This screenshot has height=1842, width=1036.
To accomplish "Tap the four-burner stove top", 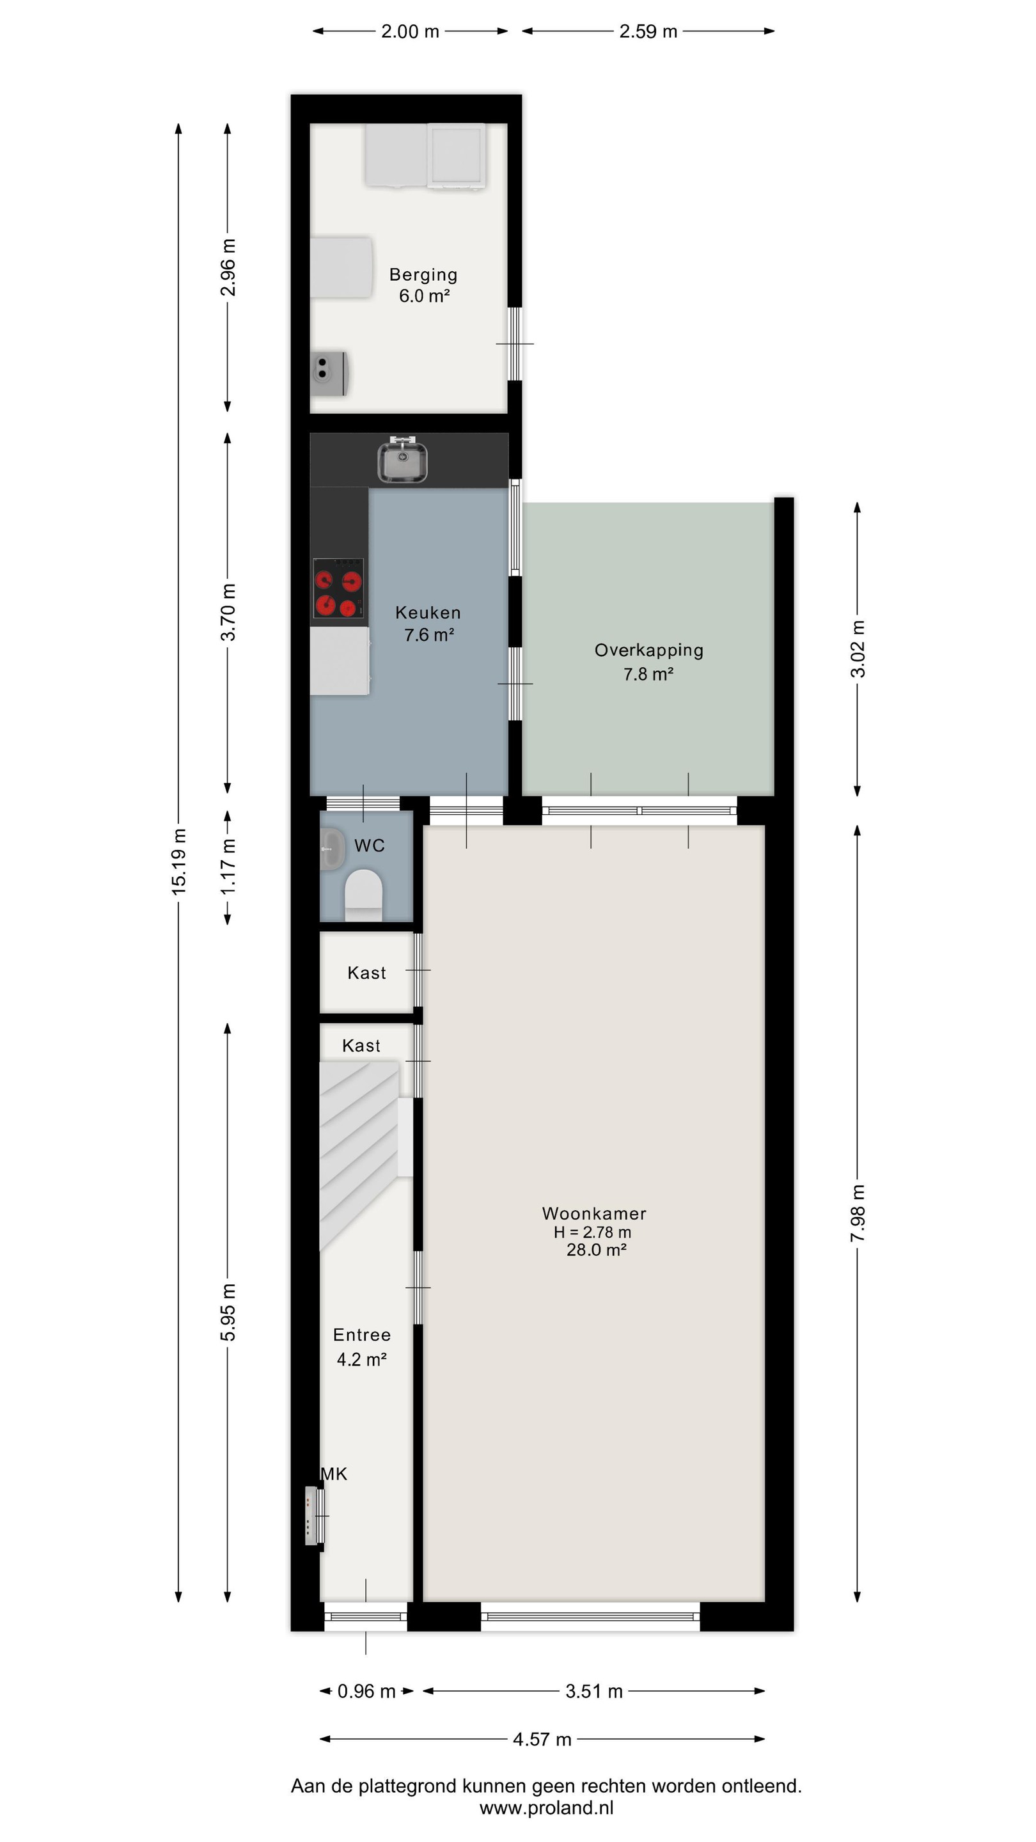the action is point(338,588).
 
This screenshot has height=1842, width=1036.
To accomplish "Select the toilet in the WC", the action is point(364,895).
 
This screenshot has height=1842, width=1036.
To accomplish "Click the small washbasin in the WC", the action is point(332,849).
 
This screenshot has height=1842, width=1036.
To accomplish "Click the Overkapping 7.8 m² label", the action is point(648,661).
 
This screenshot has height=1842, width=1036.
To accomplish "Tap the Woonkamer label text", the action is point(594,1213).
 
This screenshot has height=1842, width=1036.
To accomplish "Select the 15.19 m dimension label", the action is point(179,861).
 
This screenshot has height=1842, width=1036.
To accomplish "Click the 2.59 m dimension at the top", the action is point(648,31).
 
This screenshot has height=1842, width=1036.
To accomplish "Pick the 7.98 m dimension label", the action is point(857,1213).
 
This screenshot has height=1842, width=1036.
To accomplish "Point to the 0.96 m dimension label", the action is point(366,1691).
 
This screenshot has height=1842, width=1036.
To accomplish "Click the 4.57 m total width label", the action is point(542,1739).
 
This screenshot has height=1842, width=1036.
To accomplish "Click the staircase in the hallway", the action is point(358,1156).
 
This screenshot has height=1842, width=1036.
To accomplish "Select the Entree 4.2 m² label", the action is point(362,1347).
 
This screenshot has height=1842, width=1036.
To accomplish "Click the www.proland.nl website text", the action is point(546,1807).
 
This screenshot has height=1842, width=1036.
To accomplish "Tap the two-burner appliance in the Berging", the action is point(329,372).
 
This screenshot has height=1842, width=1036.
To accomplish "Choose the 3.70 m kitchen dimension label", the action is point(228,612).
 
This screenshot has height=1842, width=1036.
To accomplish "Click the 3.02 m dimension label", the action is point(857,649).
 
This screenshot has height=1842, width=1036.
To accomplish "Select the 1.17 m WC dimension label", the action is point(228,866).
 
